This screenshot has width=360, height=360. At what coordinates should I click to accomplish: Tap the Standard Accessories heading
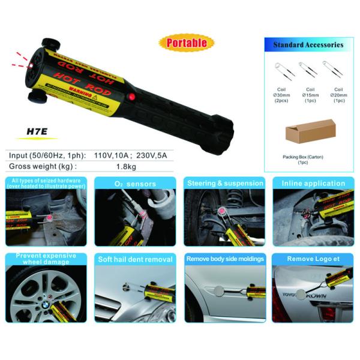click(308, 44)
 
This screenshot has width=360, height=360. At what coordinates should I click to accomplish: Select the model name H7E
click(38, 136)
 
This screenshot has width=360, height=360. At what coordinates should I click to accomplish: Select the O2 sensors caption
click(135, 184)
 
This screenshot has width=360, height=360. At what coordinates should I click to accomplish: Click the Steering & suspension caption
click(225, 183)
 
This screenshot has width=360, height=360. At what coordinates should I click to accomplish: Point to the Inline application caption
click(313, 184)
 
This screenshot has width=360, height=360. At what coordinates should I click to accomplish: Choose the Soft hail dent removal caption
click(135, 259)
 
